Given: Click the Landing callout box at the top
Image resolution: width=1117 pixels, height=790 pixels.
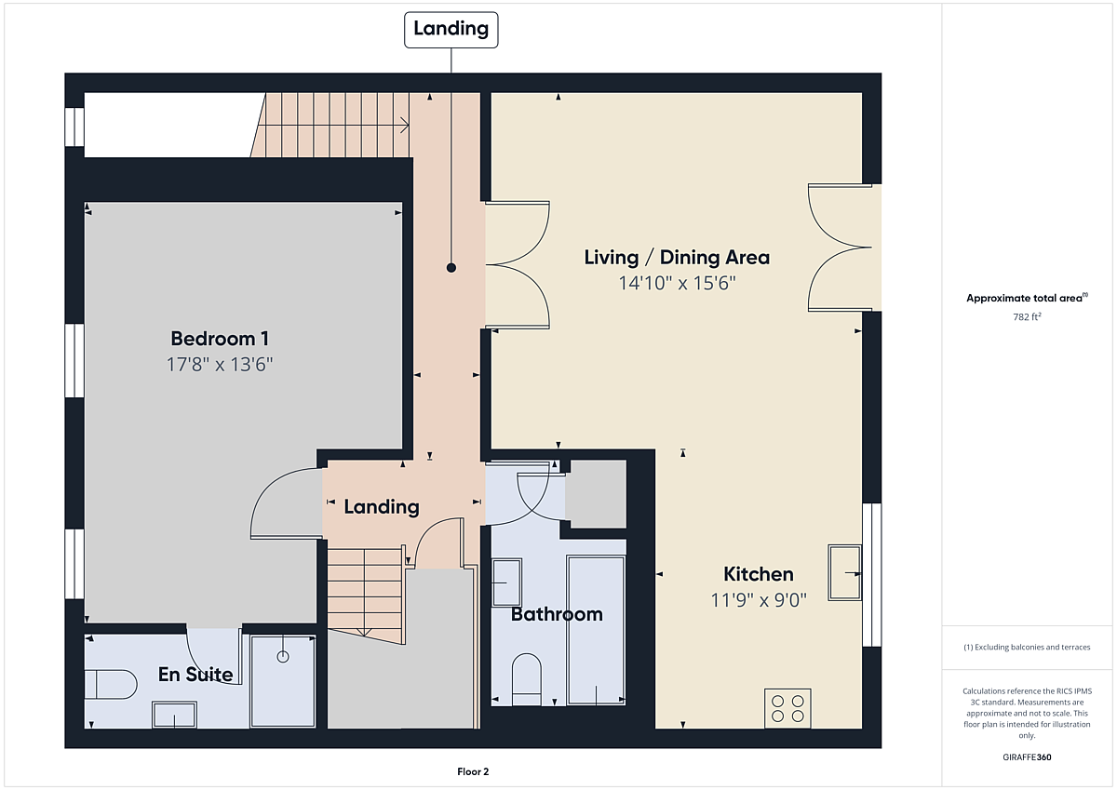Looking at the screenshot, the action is (451, 30).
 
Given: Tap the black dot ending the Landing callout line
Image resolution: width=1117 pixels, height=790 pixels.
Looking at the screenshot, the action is (451, 268).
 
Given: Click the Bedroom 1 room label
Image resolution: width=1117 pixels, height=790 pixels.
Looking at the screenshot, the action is (220, 339).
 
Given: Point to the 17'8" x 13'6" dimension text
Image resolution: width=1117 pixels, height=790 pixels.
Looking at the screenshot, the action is (220, 365).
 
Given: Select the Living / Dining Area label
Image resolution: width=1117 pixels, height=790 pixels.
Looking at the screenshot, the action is (677, 257).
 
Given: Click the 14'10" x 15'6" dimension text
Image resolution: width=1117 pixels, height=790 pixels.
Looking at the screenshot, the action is (677, 283).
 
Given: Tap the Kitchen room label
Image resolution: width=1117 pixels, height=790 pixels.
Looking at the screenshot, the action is (759, 574).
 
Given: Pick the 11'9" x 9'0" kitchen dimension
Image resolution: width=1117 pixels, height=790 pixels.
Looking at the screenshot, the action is (759, 600).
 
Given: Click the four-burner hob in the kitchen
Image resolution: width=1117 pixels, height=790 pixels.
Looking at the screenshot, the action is (787, 708).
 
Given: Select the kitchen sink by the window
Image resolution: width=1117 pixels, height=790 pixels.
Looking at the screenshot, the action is (845, 572).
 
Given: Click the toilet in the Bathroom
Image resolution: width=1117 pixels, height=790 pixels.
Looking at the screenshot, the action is (527, 679).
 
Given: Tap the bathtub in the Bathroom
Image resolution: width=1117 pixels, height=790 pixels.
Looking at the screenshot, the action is (596, 630).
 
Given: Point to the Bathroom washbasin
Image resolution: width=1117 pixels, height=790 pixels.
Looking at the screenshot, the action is (506, 582).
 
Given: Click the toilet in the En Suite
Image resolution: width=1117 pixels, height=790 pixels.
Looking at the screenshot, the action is (110, 684).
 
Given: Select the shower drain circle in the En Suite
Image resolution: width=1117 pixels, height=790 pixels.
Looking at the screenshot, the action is (283, 656).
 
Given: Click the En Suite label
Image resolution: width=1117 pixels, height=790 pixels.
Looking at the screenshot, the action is (195, 675).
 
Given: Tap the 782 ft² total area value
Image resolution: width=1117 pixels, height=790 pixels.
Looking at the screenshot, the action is (1027, 316).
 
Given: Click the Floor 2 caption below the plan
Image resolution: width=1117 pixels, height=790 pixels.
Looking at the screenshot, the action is (473, 771).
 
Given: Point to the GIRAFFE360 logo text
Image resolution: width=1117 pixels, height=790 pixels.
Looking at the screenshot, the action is (1027, 757).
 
